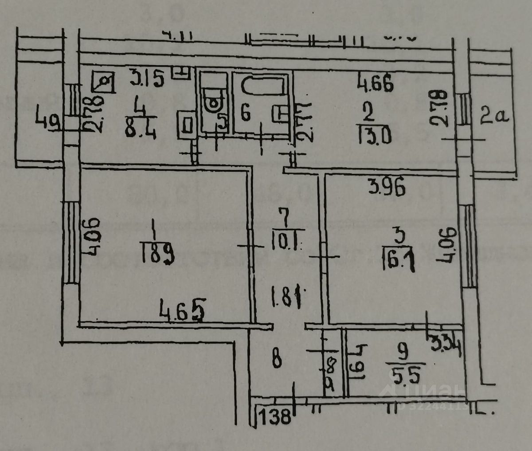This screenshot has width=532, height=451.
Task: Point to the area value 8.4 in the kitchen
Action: [141, 131]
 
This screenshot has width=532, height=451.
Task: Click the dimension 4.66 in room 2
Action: [376, 84]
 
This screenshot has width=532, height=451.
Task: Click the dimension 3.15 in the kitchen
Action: [147, 80]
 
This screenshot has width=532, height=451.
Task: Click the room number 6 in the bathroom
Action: [245, 114]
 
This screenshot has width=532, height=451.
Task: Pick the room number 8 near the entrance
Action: [277, 359]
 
